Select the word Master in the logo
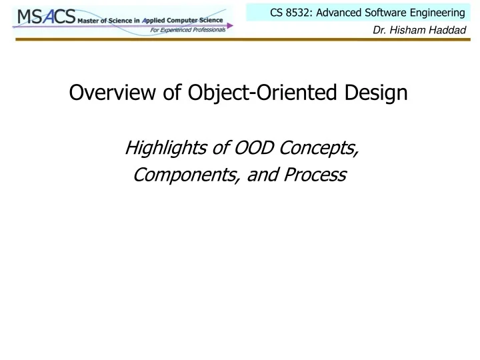[x=89, y=21]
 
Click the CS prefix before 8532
[x=276, y=12]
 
